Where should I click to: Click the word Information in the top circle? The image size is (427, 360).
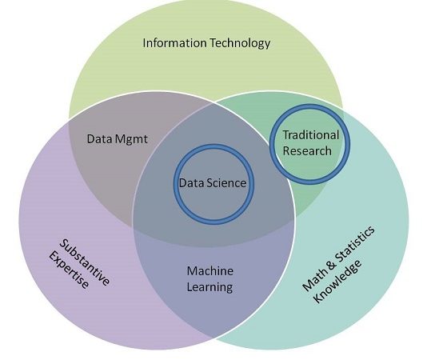click(174, 43)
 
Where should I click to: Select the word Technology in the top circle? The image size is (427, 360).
click(240, 44)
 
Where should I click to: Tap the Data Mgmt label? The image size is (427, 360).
click(117, 139)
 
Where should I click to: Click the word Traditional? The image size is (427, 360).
click(311, 135)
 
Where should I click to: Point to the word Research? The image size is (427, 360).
click(307, 150)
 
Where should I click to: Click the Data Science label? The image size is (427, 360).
click(213, 183)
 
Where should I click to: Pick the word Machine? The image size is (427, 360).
click(210, 271)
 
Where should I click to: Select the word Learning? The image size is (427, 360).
click(210, 287)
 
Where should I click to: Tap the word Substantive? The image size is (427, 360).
click(85, 262)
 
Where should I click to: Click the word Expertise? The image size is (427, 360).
click(69, 270)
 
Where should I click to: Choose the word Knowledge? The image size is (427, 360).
click(337, 281)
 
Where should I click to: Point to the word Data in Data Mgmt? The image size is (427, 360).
click(100, 139)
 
